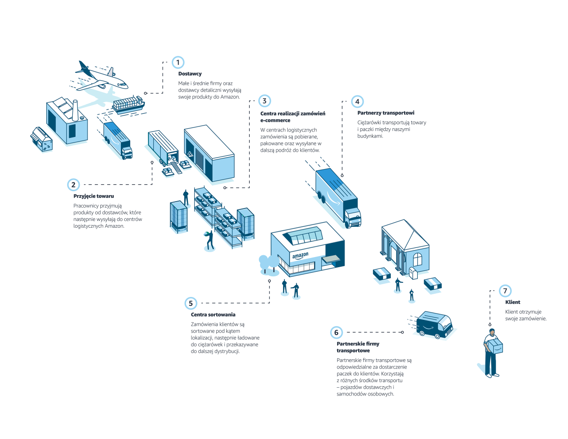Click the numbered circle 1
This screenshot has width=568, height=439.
(178, 62)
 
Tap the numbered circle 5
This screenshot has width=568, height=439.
(191, 303)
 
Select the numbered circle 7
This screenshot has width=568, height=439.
(505, 291)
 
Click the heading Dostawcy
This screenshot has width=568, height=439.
(190, 74)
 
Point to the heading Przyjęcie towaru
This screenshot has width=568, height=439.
(93, 196)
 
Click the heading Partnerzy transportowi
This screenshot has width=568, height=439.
(386, 113)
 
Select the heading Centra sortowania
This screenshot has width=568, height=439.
(213, 315)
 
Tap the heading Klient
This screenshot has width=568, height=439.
(513, 302)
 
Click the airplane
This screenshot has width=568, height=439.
(101, 76)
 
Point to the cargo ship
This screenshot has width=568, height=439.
(128, 104)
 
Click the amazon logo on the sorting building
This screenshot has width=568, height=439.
(300, 256)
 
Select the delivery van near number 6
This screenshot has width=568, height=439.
(434, 324)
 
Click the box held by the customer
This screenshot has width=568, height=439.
(495, 346)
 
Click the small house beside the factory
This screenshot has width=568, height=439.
(42, 139)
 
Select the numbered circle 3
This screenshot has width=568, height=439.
(264, 101)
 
